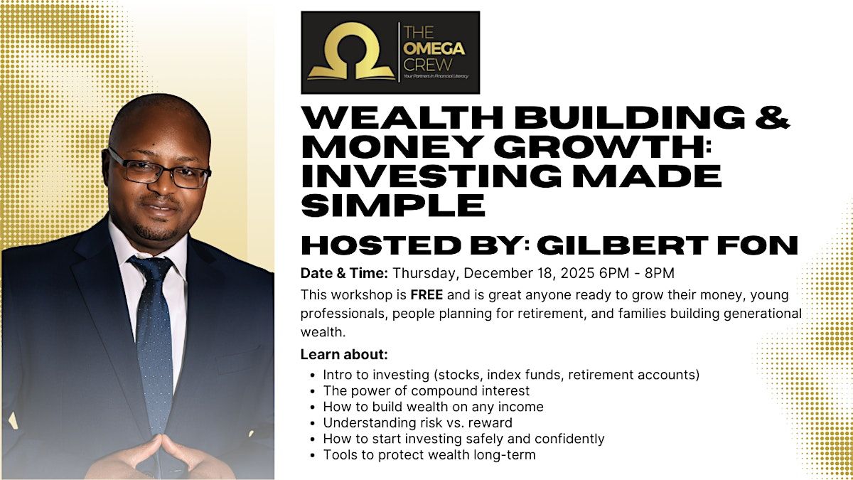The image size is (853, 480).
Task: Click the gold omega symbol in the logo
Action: (350, 51)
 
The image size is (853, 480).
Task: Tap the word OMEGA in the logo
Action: (434, 49)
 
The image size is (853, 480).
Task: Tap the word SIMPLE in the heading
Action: (393, 206)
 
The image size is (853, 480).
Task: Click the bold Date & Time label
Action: (344, 273)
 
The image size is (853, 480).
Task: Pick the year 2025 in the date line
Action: (577, 273)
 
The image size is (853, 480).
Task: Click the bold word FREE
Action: (426, 295)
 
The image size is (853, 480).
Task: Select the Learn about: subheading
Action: (344, 355)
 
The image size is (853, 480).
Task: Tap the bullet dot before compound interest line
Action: (313, 392)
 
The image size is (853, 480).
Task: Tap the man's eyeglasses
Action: (159, 170)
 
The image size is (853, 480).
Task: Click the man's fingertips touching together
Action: (161, 438)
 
